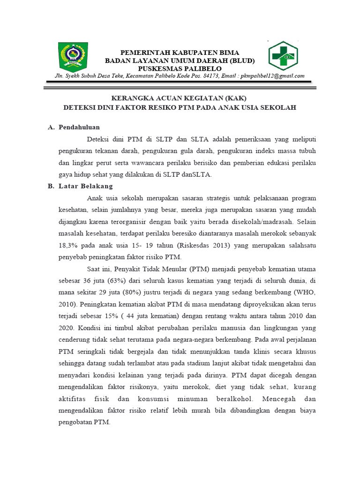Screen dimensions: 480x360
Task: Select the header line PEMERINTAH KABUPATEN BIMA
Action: (x=180, y=52)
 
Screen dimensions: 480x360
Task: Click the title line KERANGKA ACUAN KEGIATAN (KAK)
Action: (x=178, y=98)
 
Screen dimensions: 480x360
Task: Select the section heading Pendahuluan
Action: (x=79, y=127)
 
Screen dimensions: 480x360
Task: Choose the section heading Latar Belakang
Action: (x=86, y=186)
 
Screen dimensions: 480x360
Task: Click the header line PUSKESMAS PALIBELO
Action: (x=180, y=68)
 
